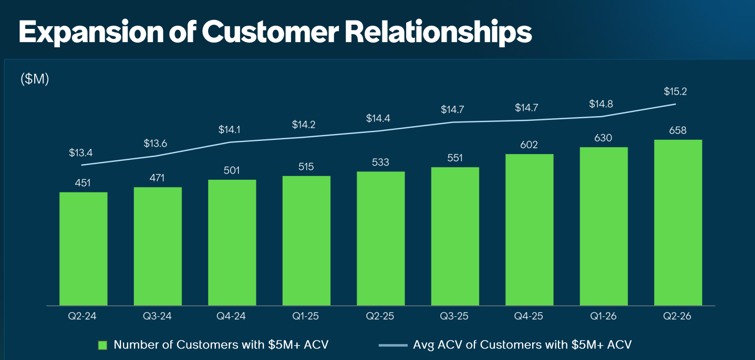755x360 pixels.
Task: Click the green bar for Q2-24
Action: point(83,249)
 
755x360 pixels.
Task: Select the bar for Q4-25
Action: point(529,230)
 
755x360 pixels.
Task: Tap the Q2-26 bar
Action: point(678,222)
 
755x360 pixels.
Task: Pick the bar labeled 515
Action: point(306,241)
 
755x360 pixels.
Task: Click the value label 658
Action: point(677,130)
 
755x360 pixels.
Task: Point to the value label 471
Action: point(157,178)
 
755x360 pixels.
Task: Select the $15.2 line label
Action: point(675,91)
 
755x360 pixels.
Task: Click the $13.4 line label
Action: point(80,153)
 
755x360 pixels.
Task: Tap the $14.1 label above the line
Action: point(229,129)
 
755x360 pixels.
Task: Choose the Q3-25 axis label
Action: point(454,316)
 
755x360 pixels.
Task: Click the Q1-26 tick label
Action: point(603,316)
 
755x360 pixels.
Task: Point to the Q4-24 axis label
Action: point(231,316)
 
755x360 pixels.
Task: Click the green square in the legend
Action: point(102,345)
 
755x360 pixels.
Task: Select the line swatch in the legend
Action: point(393,345)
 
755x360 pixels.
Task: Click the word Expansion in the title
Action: point(91,33)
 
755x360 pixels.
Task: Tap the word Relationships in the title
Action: point(438,33)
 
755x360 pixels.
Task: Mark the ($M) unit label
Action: point(35,79)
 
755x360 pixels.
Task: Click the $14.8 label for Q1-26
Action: point(601,104)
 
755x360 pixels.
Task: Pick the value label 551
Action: point(455,158)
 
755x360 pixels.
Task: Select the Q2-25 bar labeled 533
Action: point(381,239)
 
